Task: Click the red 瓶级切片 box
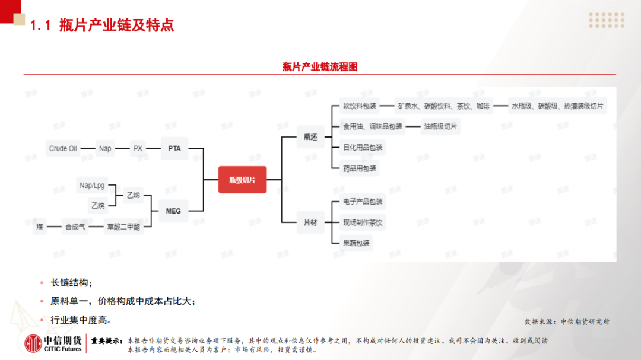[x=242, y=180]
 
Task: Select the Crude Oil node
[x=63, y=148]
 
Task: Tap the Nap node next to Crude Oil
[x=105, y=148]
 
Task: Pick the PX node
[x=138, y=148]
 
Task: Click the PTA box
[x=174, y=148]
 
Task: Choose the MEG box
[x=173, y=211]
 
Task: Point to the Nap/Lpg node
[x=92, y=186]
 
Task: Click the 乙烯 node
[x=133, y=195]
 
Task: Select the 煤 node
[x=40, y=227]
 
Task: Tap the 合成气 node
[x=75, y=227]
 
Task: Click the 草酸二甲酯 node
[x=123, y=227]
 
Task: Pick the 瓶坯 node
[x=310, y=137]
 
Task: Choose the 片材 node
[x=310, y=223]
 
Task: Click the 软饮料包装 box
[x=360, y=107]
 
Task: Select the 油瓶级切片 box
[x=441, y=126]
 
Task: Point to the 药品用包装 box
[x=360, y=168]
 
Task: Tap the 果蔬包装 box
[x=356, y=243]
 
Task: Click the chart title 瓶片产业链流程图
[x=320, y=67]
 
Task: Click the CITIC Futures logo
[x=53, y=343]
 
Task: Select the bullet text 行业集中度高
[x=81, y=320]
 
